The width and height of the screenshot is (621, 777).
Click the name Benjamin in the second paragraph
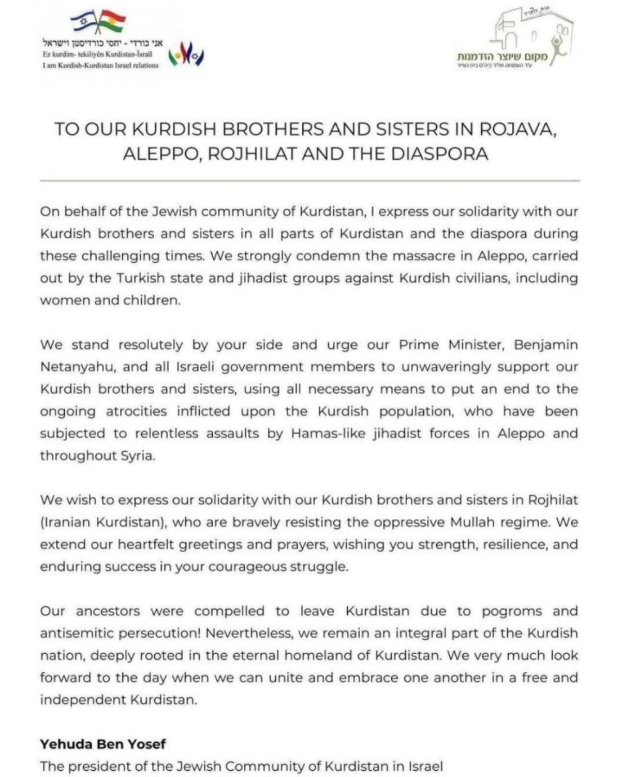pyautogui.click(x=545, y=345)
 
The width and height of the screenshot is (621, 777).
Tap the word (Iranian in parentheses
pyautogui.click(x=66, y=522)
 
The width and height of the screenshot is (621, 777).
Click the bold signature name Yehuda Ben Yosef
pyautogui.click(x=102, y=744)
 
